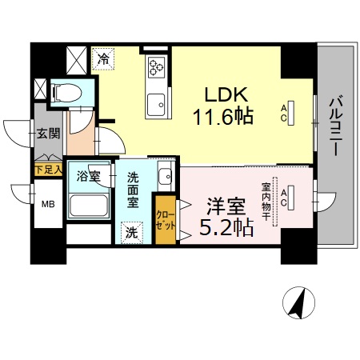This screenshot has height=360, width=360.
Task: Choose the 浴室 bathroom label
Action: point(88,176)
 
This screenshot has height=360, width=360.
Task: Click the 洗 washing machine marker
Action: point(132,233)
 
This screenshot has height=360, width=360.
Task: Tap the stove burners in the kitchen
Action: point(154,70)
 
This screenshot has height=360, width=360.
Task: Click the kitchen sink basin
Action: point(154,103)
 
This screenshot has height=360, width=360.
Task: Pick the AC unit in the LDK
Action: point(290,111)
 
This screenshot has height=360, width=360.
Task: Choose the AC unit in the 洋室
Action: point(291,196)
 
